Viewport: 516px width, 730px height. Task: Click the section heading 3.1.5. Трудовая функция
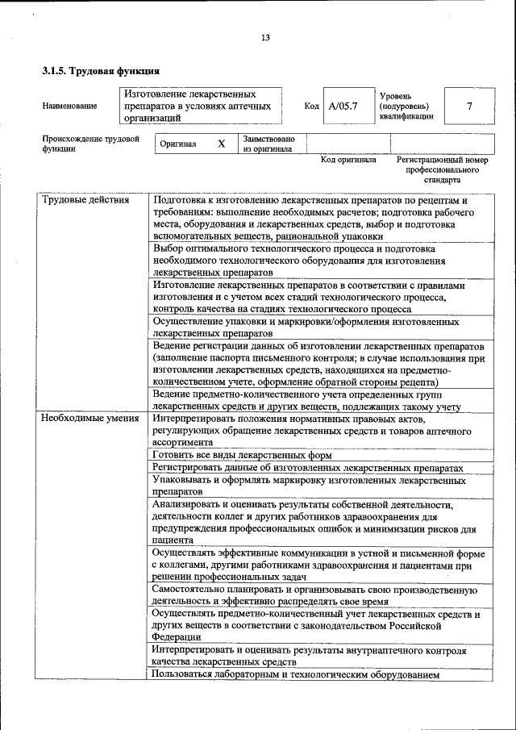(100, 71)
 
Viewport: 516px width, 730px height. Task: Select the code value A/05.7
(343, 106)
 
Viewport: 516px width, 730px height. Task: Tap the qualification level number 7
(469, 106)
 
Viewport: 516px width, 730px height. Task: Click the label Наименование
(70, 106)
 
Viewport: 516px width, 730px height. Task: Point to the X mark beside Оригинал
(221, 144)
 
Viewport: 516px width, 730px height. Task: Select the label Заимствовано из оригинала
(268, 144)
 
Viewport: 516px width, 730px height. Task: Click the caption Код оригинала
(348, 160)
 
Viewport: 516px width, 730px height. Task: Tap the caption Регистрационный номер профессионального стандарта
(442, 169)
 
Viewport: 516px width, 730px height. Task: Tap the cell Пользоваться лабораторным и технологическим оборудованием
(295, 674)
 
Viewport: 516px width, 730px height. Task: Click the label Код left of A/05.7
(311, 106)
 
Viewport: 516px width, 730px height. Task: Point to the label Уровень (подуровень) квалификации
(406, 106)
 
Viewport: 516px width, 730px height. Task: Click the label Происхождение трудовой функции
(90, 144)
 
